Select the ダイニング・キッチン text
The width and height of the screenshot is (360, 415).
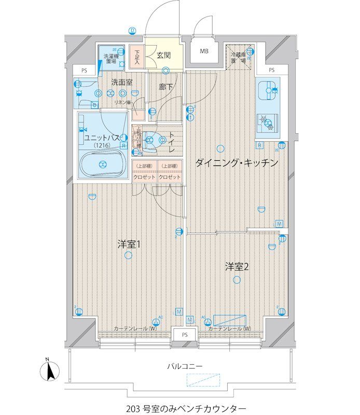pos(237,163)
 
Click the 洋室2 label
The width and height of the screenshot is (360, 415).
pos(238,267)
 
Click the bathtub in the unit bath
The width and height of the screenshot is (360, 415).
pos(102,164)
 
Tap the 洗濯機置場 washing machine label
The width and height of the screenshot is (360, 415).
pos(110,59)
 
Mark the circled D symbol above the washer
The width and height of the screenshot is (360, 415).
pos(133,31)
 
